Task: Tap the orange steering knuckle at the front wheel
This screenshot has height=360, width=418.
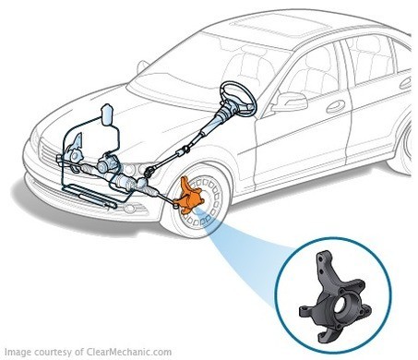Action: point(189,197)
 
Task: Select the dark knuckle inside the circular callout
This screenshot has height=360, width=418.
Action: point(335,298)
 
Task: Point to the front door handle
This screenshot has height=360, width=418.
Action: point(336,106)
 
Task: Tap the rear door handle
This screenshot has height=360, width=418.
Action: point(405,83)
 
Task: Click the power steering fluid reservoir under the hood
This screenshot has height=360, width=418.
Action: point(107,114)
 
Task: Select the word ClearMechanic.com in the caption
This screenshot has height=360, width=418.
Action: point(129,352)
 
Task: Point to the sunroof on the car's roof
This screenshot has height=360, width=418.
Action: point(280,25)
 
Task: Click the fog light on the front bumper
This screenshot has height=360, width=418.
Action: point(130,209)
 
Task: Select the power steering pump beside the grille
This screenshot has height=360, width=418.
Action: point(75,150)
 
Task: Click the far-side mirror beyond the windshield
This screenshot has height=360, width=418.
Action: point(142,66)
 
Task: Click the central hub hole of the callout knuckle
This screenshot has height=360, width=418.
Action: point(340,306)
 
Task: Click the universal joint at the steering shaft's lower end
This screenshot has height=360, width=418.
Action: point(150,171)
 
